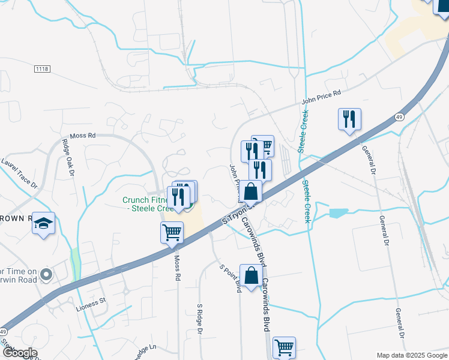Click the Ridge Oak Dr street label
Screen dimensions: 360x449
pos(67,158)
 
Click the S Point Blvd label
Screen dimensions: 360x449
pos(230,278)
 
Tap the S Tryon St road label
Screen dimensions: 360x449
pos(235,214)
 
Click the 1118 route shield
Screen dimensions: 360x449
pos(42,70)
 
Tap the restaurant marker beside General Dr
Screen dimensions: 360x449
pos(349,119)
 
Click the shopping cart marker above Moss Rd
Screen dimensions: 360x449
pos(172,232)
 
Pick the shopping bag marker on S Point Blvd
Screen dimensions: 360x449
pos(252,275)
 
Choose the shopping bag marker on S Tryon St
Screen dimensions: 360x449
pos(252,192)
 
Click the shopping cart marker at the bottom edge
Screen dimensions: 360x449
pos(284,347)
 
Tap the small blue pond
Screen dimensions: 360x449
pos(339,212)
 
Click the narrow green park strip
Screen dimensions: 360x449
pos(75,264)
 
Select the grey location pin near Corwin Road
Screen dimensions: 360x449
pos(46,276)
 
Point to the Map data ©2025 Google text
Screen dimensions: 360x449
pos(411,355)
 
